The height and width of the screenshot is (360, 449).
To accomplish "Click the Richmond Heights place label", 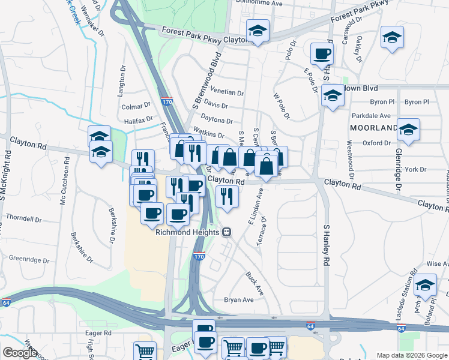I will pyautogui.click(x=188, y=232).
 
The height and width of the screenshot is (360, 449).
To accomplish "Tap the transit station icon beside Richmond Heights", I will pyautogui.click(x=226, y=232).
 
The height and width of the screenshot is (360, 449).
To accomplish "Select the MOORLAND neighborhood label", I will pyautogui.click(x=373, y=128).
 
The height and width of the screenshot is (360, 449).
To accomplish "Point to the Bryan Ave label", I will pyautogui.click(x=238, y=300).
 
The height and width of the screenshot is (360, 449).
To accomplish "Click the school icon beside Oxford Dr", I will pyautogui.click(x=408, y=130).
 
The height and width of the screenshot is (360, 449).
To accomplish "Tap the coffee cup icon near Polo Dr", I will pyautogui.click(x=322, y=53).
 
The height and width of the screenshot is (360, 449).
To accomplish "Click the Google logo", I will pyautogui.click(x=20, y=353).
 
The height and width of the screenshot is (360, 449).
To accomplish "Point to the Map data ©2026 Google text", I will pyautogui.click(x=411, y=355).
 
